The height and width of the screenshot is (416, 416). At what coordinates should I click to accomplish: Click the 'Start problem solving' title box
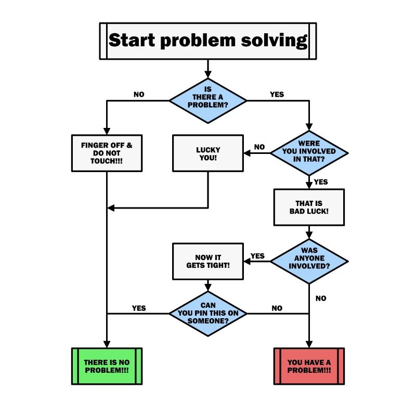click(x=207, y=41)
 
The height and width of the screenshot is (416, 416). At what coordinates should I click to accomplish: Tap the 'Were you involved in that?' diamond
click(x=309, y=153)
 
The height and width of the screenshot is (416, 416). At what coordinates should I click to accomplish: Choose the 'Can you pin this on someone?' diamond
click(x=208, y=314)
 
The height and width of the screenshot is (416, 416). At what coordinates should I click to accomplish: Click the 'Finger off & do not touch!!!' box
click(x=107, y=153)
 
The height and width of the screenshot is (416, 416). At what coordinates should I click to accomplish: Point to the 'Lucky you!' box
click(x=208, y=153)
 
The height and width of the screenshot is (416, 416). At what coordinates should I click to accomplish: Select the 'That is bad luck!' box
click(x=309, y=207)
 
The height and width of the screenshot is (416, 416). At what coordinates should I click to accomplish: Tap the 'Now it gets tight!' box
click(x=208, y=262)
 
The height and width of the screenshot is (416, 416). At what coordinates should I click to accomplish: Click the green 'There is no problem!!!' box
click(x=107, y=366)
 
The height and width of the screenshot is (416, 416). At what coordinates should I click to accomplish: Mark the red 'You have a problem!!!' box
click(x=309, y=366)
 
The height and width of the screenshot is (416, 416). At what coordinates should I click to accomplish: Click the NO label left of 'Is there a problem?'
click(x=139, y=95)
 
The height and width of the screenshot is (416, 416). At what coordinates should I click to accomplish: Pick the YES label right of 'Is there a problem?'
click(x=277, y=95)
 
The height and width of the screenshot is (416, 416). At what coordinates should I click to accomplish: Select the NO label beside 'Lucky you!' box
click(x=259, y=147)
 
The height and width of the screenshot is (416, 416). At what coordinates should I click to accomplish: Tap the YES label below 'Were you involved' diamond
click(x=321, y=182)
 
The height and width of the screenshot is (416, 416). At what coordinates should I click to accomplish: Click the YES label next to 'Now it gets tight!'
click(x=257, y=256)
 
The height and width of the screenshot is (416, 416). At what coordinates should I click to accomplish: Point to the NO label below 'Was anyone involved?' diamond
click(x=321, y=298)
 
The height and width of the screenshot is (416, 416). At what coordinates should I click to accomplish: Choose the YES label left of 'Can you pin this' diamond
click(x=139, y=308)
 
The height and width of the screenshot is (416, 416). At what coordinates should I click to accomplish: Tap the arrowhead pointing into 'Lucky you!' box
click(x=247, y=153)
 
